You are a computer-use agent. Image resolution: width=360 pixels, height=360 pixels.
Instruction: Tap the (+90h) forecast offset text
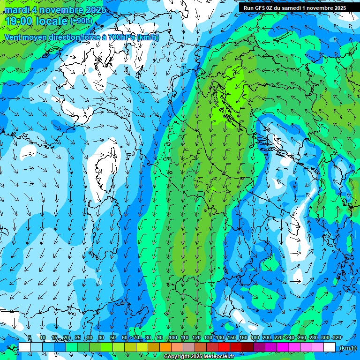pos(81,21)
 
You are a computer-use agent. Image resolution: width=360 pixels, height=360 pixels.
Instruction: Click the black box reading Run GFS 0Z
pos(294,7)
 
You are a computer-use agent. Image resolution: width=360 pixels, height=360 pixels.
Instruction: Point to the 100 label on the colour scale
pos(173,337)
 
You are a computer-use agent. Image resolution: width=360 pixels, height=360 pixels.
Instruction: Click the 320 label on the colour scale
pos(337,337)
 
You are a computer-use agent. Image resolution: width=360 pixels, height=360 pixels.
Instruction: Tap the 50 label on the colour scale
pos(113,337)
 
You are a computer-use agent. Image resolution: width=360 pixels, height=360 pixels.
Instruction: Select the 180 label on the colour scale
pos(255,337)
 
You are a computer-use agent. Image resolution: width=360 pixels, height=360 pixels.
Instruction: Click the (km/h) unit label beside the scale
pos(347,347)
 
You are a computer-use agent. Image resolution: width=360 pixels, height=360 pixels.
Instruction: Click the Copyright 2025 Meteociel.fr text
pos(199,357)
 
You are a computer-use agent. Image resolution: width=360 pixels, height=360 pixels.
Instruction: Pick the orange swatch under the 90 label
pos(165,347)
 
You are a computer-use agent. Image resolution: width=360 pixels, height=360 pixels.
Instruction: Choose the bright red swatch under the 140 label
pos(224,347)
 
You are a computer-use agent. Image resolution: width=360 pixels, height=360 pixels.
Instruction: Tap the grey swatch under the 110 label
pos(188,347)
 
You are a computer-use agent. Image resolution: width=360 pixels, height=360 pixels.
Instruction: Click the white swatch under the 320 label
pos(329,347)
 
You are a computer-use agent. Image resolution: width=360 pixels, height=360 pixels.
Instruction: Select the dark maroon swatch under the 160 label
pos(247,347)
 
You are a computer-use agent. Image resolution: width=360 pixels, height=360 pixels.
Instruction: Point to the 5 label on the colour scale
pos(30,337)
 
